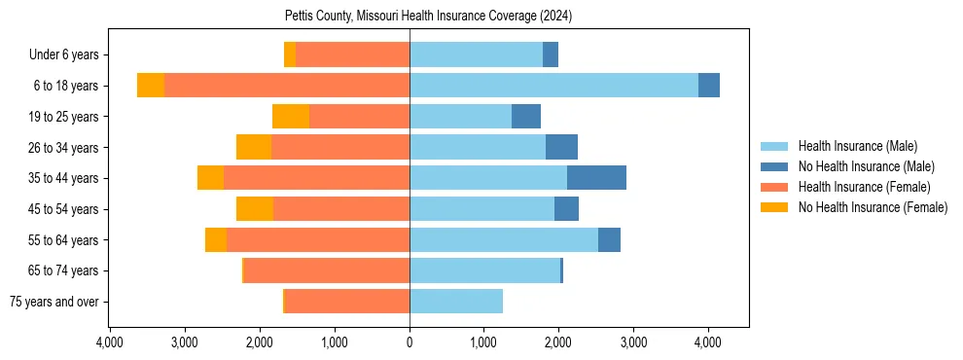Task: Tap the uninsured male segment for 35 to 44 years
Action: tap(596, 178)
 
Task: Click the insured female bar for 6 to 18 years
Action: tap(287, 86)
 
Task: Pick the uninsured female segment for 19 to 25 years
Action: tap(291, 117)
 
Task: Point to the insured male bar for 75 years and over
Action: tap(456, 302)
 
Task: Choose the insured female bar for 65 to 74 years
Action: tap(327, 270)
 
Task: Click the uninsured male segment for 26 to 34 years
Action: tap(561, 147)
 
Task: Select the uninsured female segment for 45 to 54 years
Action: tap(255, 209)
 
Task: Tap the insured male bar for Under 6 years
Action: tap(476, 54)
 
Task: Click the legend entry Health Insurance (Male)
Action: tap(857, 146)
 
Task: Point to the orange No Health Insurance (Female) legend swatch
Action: tap(775, 207)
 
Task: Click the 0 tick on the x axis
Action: tap(410, 342)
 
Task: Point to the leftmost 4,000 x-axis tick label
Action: tap(110, 342)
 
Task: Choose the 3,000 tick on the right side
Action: tap(633, 342)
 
